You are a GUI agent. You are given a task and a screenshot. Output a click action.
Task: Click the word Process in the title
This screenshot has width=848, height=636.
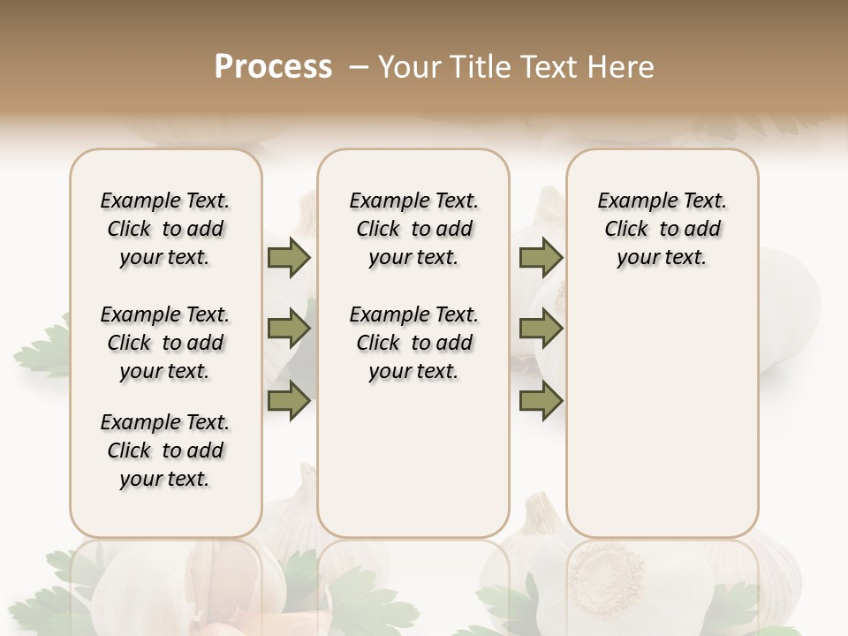pos(273,67)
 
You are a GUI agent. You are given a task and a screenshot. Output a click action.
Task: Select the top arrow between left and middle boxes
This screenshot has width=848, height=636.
pos(289,257)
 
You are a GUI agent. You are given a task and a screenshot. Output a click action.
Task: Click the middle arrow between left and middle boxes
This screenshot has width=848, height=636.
pos(289,329)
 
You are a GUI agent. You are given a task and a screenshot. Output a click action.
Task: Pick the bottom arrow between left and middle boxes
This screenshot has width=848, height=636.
pos(289,402)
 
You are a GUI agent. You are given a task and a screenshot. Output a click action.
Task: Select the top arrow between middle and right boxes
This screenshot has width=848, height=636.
pos(541,257)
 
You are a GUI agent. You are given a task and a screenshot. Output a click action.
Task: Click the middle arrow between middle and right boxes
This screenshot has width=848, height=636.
pos(541,329)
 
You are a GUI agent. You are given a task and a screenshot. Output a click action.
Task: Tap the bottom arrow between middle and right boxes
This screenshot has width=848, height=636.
pos(541,402)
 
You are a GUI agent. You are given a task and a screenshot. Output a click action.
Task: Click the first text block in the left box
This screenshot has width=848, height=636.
pos(165,229)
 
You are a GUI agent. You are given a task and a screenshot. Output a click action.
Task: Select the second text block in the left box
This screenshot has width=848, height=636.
pos(165,343)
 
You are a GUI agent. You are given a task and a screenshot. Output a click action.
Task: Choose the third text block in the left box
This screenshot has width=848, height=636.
pos(165,450)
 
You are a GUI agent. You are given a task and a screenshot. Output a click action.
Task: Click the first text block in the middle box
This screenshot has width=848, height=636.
pos(413,229)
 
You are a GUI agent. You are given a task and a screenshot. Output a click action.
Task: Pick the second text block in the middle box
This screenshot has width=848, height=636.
pos(413,343)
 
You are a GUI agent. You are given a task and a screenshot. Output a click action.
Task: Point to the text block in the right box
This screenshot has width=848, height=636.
pos(662,229)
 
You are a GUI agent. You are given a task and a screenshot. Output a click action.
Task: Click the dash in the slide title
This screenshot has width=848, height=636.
pos(358,67)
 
